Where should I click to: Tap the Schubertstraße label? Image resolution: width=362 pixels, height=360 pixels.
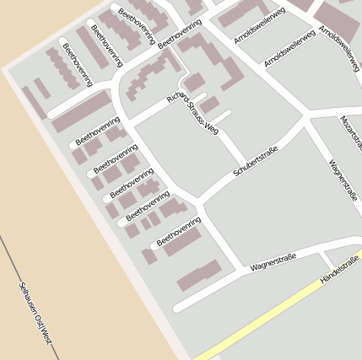pos(256,161)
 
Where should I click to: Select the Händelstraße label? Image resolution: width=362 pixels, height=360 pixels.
pos(340,271)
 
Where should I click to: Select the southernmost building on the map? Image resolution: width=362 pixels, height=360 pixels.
pos(199,276)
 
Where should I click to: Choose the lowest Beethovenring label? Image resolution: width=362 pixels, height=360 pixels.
pos(179,231)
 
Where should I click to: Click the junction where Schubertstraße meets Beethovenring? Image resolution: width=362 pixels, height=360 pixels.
pos(200,201)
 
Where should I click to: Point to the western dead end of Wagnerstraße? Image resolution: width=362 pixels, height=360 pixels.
pos(177,308)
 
